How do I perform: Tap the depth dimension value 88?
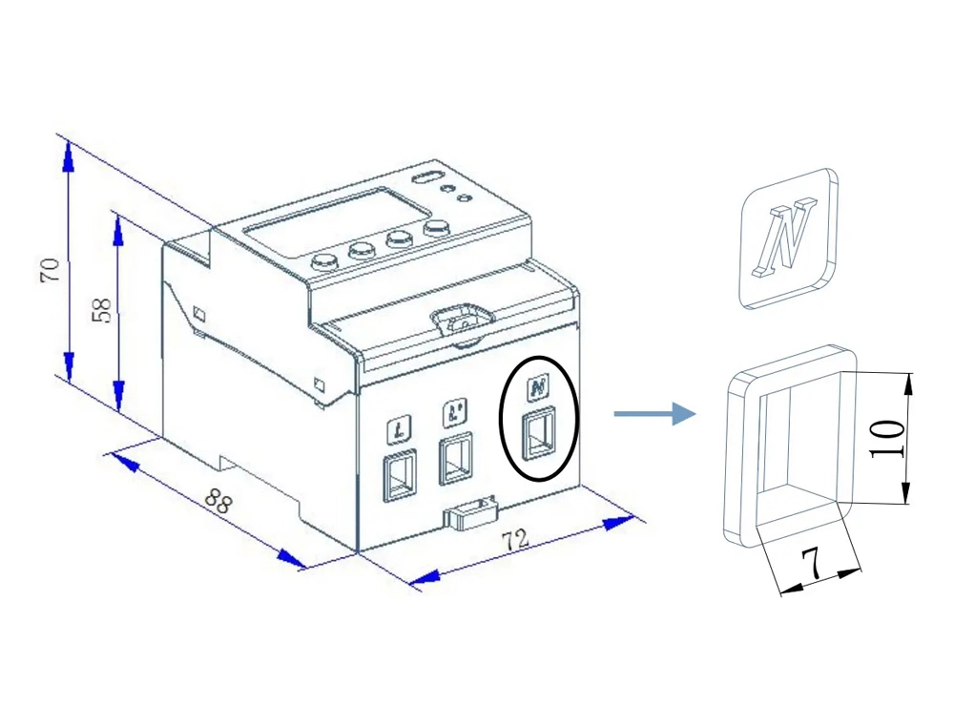click(x=218, y=502)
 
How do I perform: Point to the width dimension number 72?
click(x=515, y=540)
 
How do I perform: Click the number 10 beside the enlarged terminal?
click(x=887, y=438)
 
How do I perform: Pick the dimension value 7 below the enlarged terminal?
click(x=811, y=566)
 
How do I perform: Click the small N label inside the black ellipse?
click(x=538, y=388)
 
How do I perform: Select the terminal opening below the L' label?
click(x=454, y=461)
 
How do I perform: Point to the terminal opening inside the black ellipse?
click(x=539, y=434)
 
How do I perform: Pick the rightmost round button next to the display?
click(x=438, y=227)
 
